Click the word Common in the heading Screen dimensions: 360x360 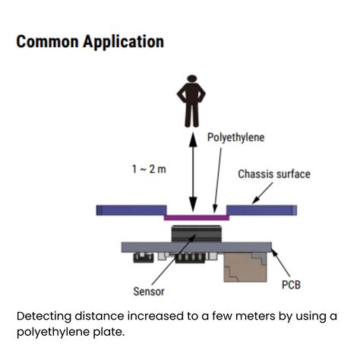(x=47, y=41)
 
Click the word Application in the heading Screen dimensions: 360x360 (x=124, y=42)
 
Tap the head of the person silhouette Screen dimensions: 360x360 (x=192, y=78)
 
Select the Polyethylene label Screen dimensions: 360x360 (x=235, y=137)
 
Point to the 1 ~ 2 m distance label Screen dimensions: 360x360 (x=149, y=169)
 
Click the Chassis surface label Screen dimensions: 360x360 (x=274, y=174)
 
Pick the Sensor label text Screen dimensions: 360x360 (x=149, y=292)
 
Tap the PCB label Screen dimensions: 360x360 (x=291, y=285)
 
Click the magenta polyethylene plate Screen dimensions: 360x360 (x=197, y=217)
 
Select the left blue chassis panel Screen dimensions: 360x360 (x=131, y=210)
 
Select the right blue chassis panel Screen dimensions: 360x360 (x=261, y=210)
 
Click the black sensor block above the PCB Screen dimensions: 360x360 (x=197, y=233)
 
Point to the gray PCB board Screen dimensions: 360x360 (x=197, y=248)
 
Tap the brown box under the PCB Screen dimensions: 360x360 (x=245, y=267)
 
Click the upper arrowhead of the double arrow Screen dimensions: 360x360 (x=193, y=139)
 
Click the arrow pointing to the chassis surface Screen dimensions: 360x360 (x=263, y=193)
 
